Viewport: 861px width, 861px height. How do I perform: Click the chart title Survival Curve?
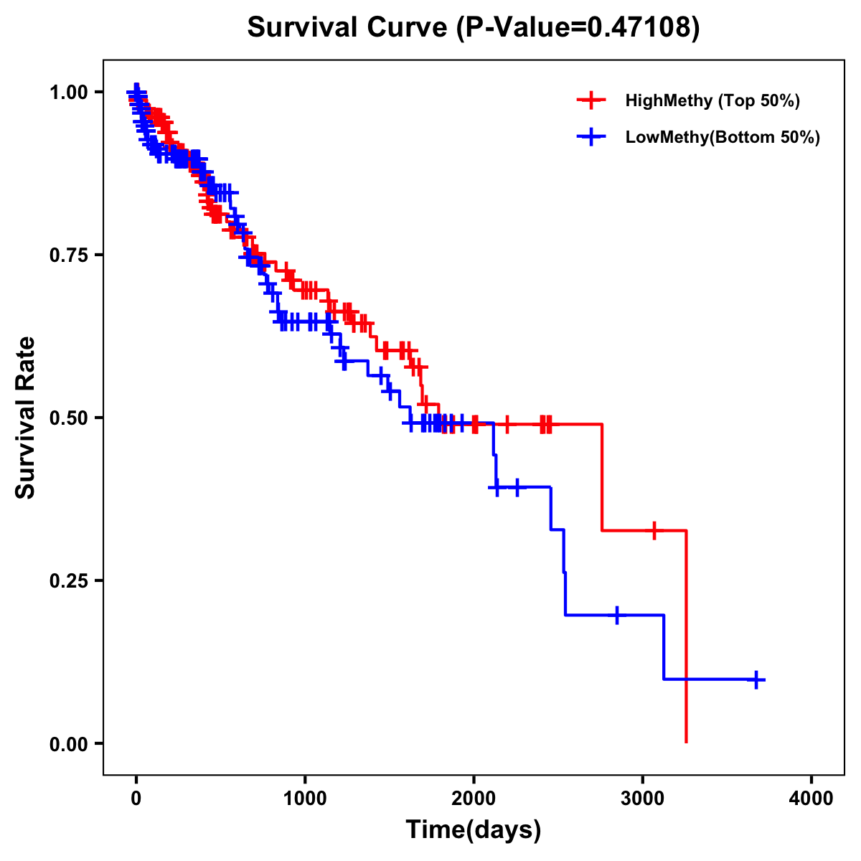pyautogui.click(x=349, y=27)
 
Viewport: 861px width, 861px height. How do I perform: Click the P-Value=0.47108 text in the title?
pyautogui.click(x=578, y=27)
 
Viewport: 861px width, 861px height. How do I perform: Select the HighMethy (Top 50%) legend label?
pyautogui.click(x=712, y=100)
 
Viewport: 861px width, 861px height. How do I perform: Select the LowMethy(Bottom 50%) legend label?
pyautogui.click(x=722, y=137)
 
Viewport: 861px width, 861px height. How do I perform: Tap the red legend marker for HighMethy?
pyautogui.click(x=591, y=100)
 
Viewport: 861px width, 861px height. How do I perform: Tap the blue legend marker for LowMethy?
pyautogui.click(x=591, y=137)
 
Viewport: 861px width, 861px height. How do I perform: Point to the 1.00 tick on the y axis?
pyautogui.click(x=68, y=92)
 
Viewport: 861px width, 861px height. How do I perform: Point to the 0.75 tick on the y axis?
pyautogui.click(x=68, y=255)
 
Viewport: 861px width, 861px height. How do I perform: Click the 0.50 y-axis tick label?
pyautogui.click(x=68, y=418)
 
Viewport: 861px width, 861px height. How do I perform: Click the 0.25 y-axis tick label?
pyautogui.click(x=68, y=580)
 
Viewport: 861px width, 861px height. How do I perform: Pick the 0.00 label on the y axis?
pyautogui.click(x=68, y=743)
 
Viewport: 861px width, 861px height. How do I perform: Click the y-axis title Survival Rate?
pyautogui.click(x=26, y=418)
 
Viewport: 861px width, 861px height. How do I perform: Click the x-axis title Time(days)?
pyautogui.click(x=474, y=830)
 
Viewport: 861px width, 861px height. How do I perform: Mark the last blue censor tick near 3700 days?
pyautogui.click(x=756, y=679)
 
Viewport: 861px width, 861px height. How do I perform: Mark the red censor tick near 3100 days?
pyautogui.click(x=654, y=531)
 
